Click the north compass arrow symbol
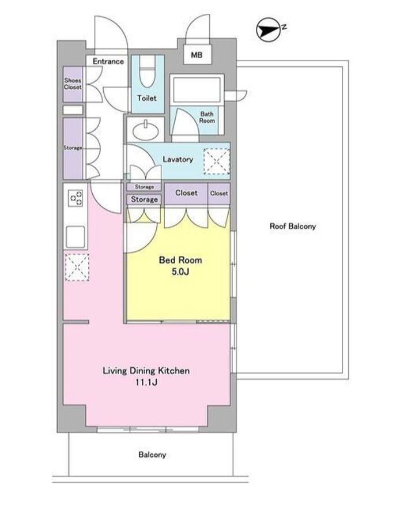tap(269, 30)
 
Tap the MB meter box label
tap(197, 55)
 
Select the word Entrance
tap(108, 61)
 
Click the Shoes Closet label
tap(73, 84)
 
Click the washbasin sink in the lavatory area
tap(146, 130)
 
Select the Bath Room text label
tap(207, 117)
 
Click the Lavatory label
tap(178, 159)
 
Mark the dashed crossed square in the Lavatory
tap(217, 161)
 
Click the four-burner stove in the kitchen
tap(76, 198)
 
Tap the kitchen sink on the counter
tap(76, 237)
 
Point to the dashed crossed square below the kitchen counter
tap(77, 267)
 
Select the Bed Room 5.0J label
tap(180, 266)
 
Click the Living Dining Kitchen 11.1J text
tap(146, 376)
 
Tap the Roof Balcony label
tap(293, 226)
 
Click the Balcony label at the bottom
tap(152, 454)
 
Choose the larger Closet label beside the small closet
tap(186, 193)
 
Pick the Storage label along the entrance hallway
tap(73, 148)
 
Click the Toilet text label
tap(147, 98)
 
